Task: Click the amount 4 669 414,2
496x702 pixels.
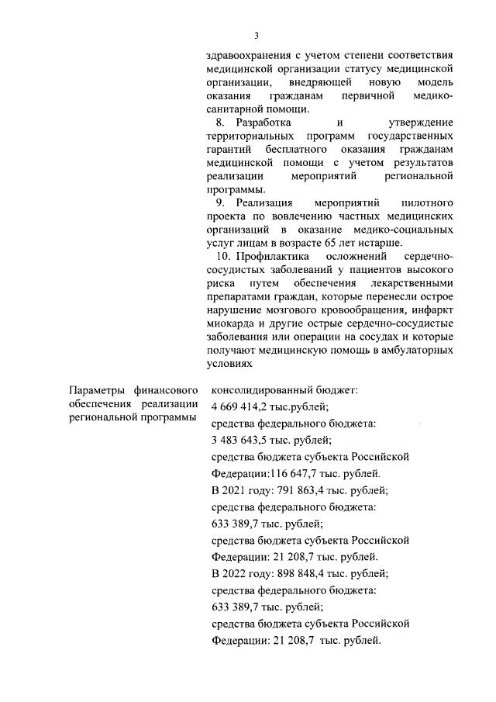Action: [246, 405]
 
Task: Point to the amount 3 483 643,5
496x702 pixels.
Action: [246, 439]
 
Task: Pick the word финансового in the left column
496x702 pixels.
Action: [164, 389]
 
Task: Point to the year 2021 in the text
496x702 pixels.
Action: [236, 489]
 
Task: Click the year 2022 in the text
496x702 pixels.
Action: [236, 574]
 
